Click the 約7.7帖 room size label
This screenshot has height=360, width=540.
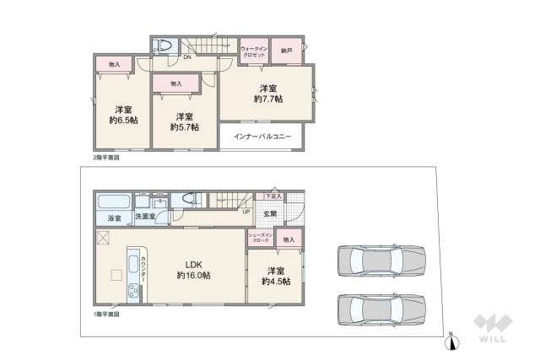point(268,99)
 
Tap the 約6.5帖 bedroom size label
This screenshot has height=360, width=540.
point(123,120)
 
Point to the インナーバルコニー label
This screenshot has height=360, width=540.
point(262,136)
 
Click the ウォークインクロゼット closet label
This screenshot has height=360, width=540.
point(254,51)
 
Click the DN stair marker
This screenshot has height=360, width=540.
point(186,57)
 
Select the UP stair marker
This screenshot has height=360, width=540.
point(246,212)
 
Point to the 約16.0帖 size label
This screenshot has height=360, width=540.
point(193,275)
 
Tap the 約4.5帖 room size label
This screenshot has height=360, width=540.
point(275,281)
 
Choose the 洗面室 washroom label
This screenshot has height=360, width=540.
point(146,218)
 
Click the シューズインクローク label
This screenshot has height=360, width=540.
point(259,239)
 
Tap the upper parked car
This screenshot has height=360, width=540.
point(379,261)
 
